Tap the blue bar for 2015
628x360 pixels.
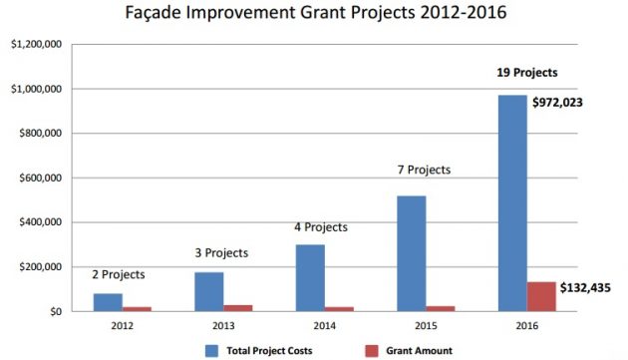coord(412,253)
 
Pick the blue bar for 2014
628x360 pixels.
coord(310,278)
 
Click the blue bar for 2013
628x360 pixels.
coord(209,291)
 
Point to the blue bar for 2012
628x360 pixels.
coord(108,302)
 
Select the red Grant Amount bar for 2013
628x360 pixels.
coord(238,308)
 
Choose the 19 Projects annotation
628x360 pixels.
coord(527,73)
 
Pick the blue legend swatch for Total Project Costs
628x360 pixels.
coord(211,350)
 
